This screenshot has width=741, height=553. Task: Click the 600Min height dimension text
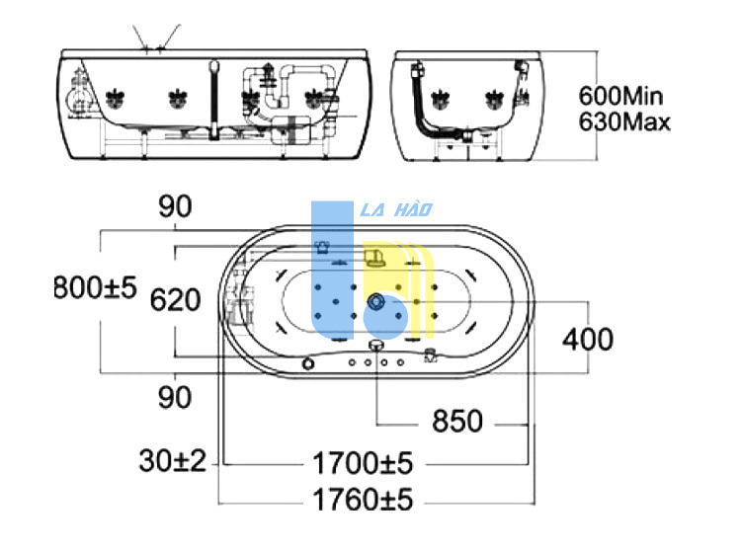click(x=620, y=96)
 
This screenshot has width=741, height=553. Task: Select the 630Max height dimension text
click(x=624, y=121)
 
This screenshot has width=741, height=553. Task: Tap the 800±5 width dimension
click(x=95, y=287)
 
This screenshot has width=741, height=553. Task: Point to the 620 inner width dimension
click(x=175, y=300)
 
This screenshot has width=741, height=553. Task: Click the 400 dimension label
click(x=588, y=339)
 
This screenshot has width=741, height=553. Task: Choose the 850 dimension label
click(x=457, y=421)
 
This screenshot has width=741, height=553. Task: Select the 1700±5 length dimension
click(x=363, y=463)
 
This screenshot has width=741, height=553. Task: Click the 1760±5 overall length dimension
click(x=363, y=499)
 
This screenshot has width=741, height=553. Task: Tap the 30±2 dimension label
click(x=173, y=460)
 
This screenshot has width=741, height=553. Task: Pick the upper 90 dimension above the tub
click(x=175, y=206)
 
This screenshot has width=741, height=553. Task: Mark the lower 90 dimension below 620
click(x=175, y=397)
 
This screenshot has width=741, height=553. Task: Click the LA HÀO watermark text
click(x=396, y=209)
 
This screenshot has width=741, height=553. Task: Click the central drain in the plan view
click(x=376, y=301)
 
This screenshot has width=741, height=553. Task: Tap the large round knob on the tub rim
click(x=308, y=363)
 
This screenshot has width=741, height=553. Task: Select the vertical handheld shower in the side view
click(x=214, y=101)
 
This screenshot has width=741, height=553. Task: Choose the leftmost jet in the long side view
click(x=115, y=98)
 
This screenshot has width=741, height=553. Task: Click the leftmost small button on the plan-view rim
click(x=352, y=362)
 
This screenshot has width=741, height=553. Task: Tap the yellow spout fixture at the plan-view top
click(x=374, y=259)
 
